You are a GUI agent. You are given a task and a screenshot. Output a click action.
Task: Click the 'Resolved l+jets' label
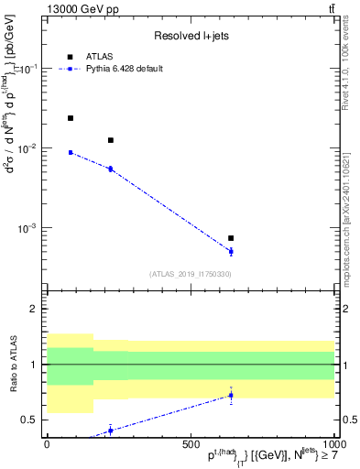pyautogui.click(x=190, y=36)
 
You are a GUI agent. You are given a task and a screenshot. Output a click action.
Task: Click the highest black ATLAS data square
pyautogui.click(x=71, y=118)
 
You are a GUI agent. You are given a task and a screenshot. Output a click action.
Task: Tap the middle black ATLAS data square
pyautogui.click(x=111, y=140)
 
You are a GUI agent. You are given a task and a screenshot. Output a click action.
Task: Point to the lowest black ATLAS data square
pyautogui.click(x=231, y=238)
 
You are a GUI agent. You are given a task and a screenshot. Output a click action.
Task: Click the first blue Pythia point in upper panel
pyautogui.click(x=71, y=152)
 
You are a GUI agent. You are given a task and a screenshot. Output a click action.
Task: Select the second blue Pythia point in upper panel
pyautogui.click(x=111, y=169)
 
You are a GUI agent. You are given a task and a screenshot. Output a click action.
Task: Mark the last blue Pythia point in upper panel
pyautogui.click(x=231, y=251)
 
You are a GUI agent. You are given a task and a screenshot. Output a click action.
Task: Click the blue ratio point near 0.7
pyautogui.click(x=231, y=396)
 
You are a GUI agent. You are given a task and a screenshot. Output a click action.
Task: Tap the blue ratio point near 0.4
pyautogui.click(x=111, y=430)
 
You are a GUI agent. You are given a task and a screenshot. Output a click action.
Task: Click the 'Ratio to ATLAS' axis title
pyautogui.click(x=14, y=365)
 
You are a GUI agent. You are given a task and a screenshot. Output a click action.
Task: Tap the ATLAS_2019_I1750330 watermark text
pyautogui.click(x=190, y=273)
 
